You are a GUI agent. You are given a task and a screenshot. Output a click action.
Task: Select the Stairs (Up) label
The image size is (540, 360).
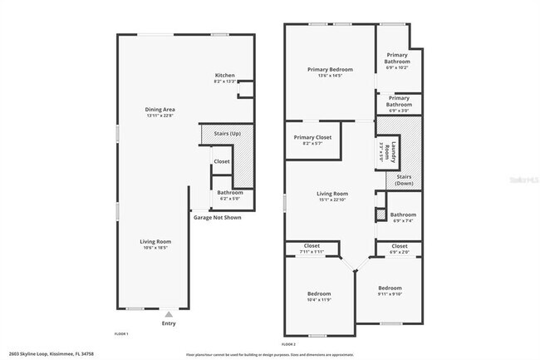coord(227,133)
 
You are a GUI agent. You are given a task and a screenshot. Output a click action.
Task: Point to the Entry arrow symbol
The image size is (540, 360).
coord(169,314)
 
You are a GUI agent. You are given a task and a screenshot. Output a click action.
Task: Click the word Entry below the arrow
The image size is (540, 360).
coord(169,323)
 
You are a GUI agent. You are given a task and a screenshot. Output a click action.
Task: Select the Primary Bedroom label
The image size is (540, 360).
coord(329,70)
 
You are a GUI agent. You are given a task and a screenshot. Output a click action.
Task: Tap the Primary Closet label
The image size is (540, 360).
coord(312,138)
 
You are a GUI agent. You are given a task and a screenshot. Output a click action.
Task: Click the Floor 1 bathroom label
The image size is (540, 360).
coord(230,193)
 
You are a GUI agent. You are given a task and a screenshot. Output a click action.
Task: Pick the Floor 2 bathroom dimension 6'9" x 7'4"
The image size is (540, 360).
coord(403,220)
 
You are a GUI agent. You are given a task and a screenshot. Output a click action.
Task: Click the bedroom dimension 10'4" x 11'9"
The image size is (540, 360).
coord(319,299)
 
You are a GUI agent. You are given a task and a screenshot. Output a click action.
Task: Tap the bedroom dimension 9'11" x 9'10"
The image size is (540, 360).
coord(390,293)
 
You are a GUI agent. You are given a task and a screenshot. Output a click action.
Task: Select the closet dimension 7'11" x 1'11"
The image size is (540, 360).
coord(312,251)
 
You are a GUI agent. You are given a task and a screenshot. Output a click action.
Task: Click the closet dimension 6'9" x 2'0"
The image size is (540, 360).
coord(400,251)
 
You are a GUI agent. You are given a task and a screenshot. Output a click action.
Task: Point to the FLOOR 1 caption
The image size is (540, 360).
coord(121,333)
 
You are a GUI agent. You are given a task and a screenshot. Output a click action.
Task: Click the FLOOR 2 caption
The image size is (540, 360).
coord(290,343)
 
